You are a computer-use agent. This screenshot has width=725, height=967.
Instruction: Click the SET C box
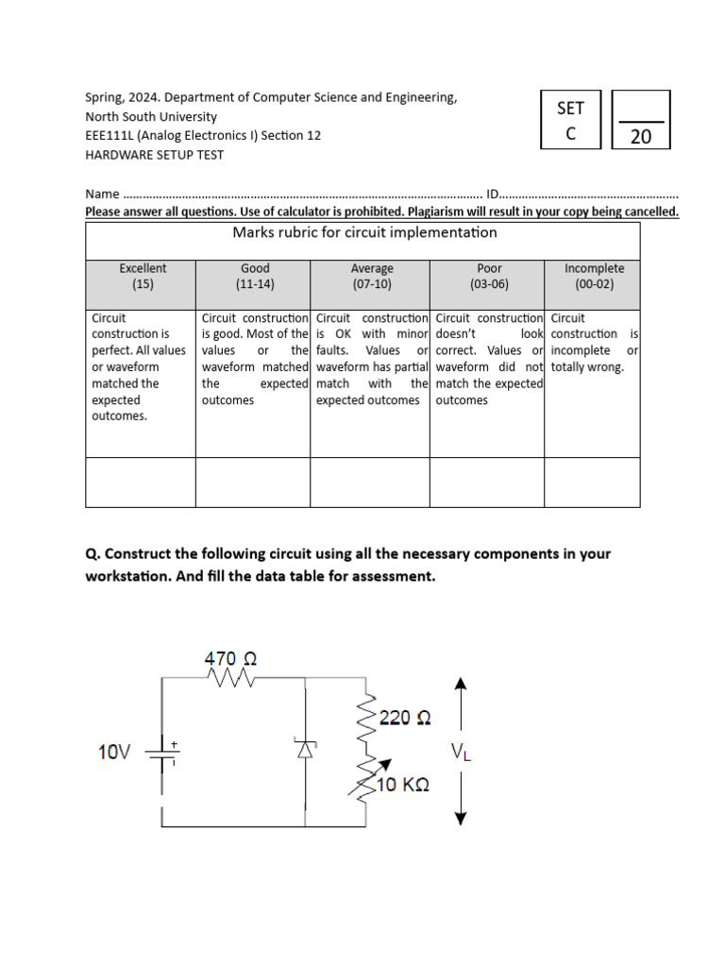(x=570, y=120)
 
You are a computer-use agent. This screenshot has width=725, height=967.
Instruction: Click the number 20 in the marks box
(x=641, y=136)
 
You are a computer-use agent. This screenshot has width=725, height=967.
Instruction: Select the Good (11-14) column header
(x=255, y=276)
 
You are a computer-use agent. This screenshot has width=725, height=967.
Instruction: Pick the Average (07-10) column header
(x=371, y=276)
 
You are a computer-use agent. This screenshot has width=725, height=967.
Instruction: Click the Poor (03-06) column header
(x=489, y=276)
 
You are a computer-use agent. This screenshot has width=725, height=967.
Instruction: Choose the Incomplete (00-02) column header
(x=594, y=276)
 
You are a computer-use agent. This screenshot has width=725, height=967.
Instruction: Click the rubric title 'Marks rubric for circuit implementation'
(x=364, y=232)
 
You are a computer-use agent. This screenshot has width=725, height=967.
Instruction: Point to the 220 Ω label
(x=405, y=719)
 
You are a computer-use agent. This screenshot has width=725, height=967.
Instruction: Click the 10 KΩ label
(x=404, y=785)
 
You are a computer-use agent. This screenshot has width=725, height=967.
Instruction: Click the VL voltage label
(x=461, y=752)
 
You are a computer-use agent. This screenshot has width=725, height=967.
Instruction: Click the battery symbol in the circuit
(x=161, y=753)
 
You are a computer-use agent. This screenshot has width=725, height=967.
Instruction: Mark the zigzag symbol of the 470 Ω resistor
(x=232, y=680)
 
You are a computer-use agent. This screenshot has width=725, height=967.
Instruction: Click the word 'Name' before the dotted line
(x=102, y=194)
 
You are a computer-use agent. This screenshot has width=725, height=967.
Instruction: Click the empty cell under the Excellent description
(x=141, y=483)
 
